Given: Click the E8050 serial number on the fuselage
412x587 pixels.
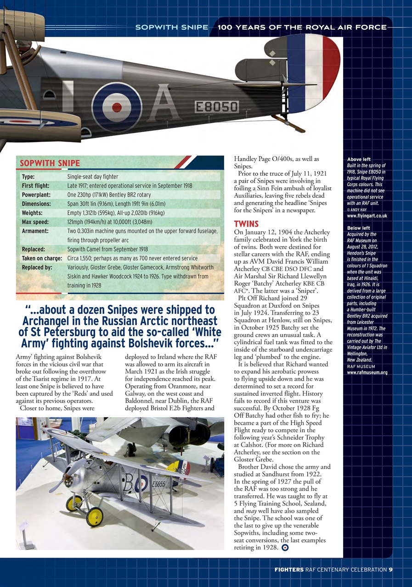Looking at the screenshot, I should pos(217,107).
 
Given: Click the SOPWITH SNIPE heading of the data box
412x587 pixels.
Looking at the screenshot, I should pos(50,163).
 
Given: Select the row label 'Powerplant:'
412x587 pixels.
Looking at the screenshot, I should pos(36,195).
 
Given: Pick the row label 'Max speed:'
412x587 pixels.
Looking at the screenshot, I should pos(35,222).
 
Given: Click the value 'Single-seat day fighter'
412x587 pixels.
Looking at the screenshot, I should pos(92,177).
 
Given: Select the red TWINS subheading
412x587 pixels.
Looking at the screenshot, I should pos(246,224).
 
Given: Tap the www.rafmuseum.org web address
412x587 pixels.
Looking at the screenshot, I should pos(367,372).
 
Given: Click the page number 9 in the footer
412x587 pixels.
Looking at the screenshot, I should pos(390,570).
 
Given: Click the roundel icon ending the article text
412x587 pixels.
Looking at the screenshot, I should pos(285,547).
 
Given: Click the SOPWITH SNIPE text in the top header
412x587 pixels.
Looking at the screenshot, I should pos(171,27).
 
